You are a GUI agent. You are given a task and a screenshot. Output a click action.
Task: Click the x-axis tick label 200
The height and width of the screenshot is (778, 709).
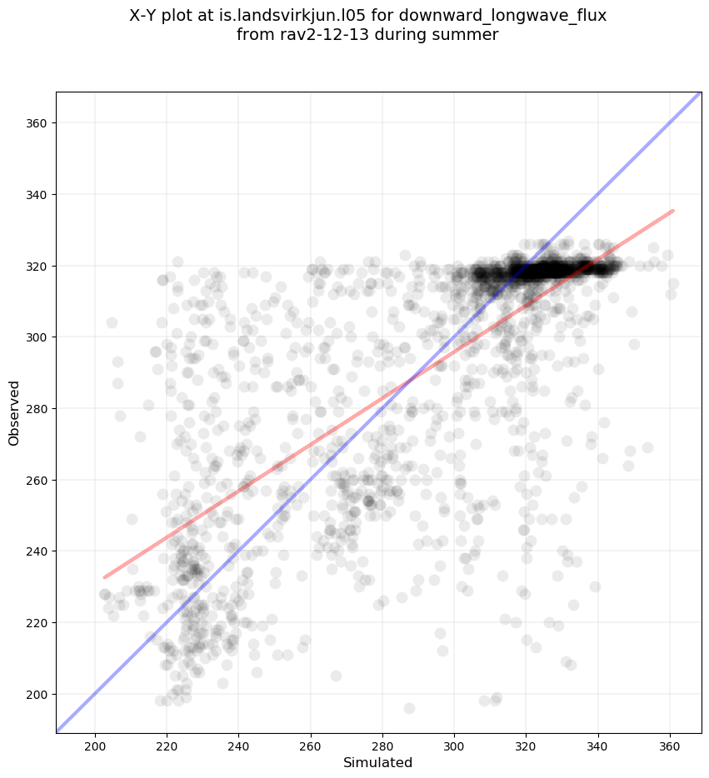95,745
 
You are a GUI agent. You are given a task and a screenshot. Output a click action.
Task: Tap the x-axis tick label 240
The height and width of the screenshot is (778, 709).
238,745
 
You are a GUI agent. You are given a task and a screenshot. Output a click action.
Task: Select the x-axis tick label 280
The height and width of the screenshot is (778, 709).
382,745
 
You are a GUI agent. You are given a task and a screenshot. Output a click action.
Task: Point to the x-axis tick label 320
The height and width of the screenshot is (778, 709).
526,745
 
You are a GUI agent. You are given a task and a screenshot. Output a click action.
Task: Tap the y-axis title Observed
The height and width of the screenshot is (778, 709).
14,412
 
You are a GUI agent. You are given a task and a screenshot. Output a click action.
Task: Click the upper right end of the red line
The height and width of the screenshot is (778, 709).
672,211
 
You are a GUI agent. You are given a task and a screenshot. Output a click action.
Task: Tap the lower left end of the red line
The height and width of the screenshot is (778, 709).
104,577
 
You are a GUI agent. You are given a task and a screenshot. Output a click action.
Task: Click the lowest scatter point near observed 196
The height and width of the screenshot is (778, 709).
409,708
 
